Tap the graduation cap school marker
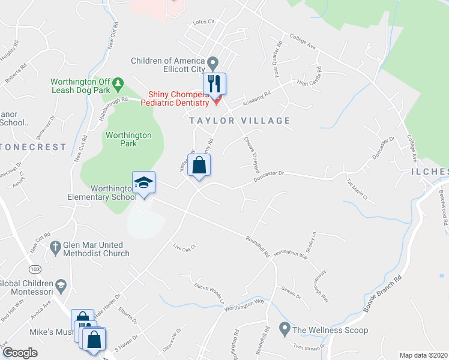[x=144, y=182]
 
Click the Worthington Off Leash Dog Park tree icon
[x=119, y=82]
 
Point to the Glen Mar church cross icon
[x=55, y=245]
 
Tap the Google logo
[x=20, y=353]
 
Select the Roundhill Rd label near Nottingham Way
[x=257, y=247]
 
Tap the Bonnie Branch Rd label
[x=376, y=296]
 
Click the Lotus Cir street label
[x=203, y=22]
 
